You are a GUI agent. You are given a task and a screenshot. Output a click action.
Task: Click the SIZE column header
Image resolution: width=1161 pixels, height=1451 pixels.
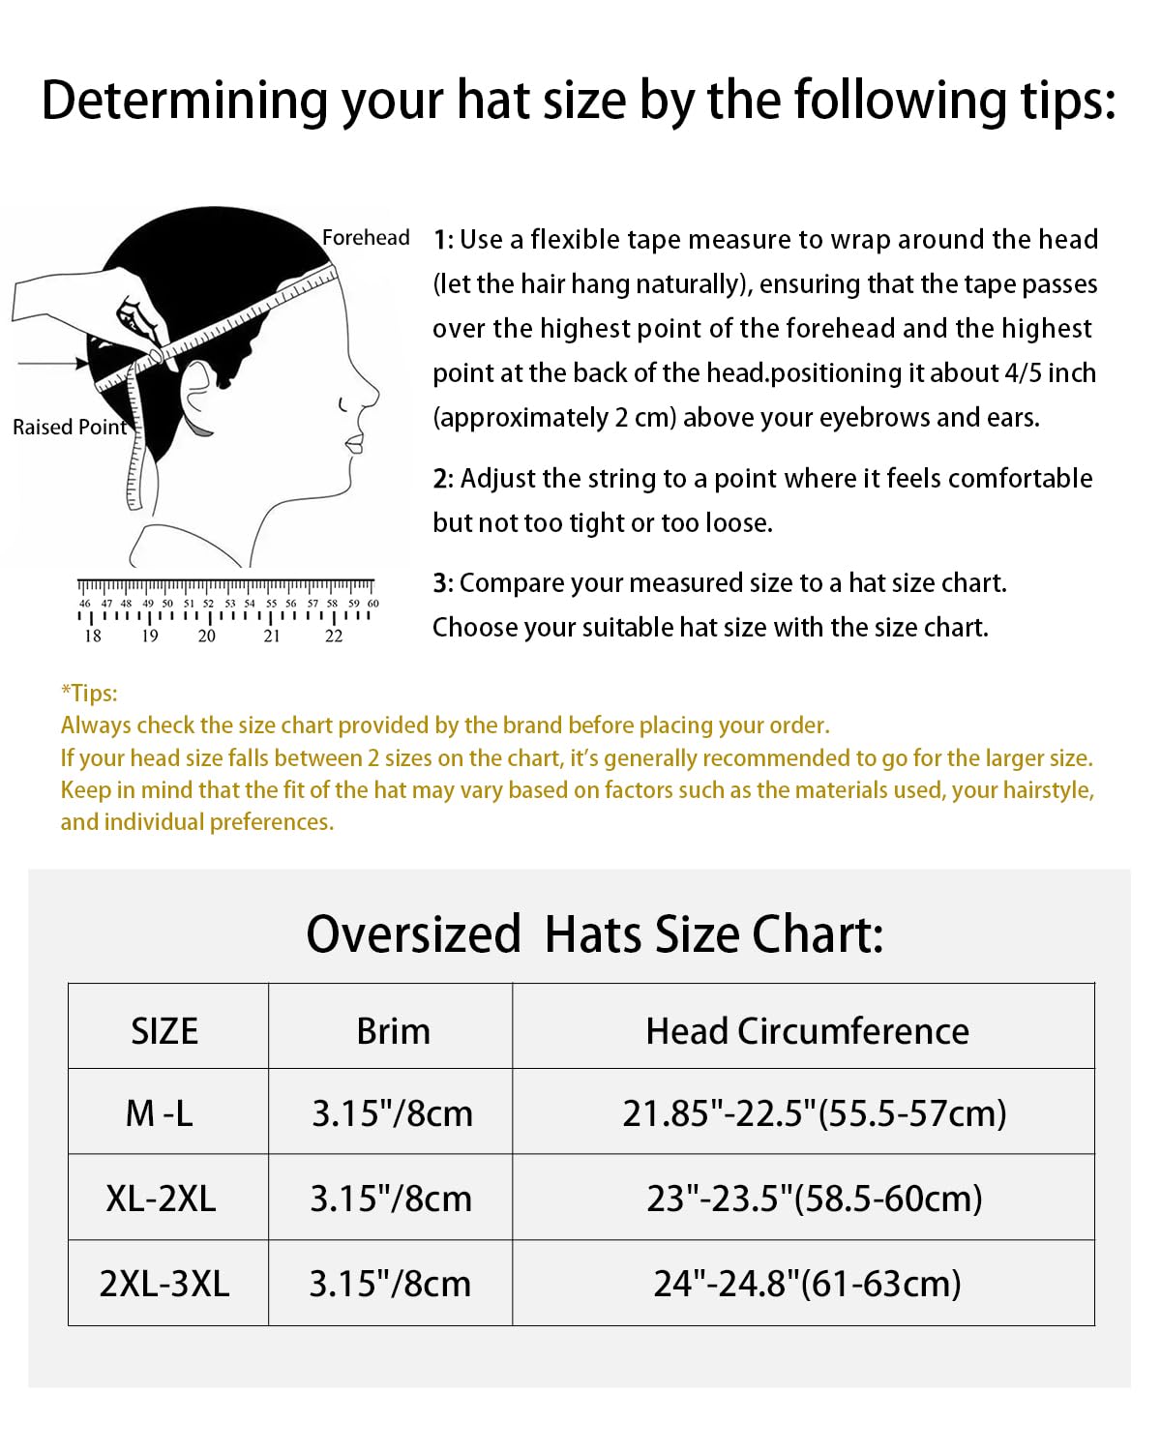[x=164, y=1031]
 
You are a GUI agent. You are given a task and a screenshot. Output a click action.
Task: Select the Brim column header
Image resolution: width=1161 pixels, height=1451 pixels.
[x=393, y=1031]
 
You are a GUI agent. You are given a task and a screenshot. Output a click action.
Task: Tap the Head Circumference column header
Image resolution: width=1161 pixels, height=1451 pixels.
[x=807, y=1031]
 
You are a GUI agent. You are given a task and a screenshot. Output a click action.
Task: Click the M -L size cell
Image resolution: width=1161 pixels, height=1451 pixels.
[x=160, y=1113]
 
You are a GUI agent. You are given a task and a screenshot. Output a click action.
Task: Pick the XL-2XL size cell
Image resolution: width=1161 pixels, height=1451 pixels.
[x=161, y=1199]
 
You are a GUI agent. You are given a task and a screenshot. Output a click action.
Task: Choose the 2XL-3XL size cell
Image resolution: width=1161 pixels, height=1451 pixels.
[x=164, y=1284]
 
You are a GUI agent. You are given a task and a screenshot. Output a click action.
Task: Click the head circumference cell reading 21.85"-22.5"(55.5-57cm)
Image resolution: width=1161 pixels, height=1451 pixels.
[x=814, y=1113]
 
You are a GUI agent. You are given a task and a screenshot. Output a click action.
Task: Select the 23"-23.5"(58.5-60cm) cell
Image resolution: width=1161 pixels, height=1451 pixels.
[x=814, y=1199]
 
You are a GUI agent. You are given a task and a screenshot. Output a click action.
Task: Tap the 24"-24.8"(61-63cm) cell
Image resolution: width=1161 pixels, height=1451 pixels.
[x=807, y=1284]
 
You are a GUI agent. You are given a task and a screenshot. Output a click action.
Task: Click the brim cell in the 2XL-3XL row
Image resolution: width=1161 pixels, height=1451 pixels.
[x=390, y=1284]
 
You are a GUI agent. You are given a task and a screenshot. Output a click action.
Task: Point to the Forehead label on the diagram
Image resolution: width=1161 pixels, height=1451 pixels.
[x=366, y=238]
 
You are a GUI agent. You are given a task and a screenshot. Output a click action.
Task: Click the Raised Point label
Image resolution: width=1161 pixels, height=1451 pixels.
[x=69, y=427]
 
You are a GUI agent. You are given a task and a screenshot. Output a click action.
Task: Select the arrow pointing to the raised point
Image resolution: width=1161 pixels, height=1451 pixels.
[x=54, y=364]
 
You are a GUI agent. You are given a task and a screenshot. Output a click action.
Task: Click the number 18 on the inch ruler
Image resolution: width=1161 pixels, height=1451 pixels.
[x=93, y=636]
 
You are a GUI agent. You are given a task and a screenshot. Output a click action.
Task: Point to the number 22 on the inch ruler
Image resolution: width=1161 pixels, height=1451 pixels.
[x=334, y=636]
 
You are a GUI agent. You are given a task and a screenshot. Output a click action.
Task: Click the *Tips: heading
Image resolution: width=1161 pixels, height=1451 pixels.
[x=89, y=693]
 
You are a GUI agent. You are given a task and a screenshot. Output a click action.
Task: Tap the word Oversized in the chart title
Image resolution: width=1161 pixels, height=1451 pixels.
[x=413, y=934]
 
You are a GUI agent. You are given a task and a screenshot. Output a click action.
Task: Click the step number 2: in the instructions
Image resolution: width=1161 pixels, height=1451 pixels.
[x=443, y=479]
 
